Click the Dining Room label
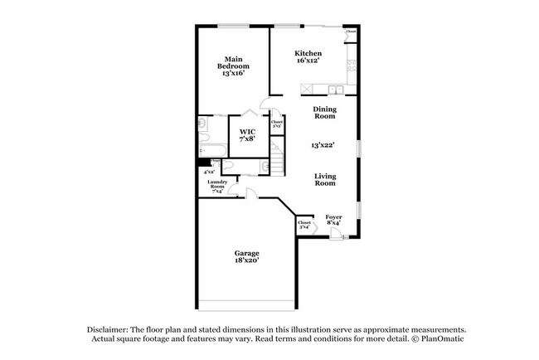[x=323, y=113]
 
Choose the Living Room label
[x=324, y=179]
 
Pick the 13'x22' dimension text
[x=323, y=145]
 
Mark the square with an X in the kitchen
[x=306, y=88]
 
